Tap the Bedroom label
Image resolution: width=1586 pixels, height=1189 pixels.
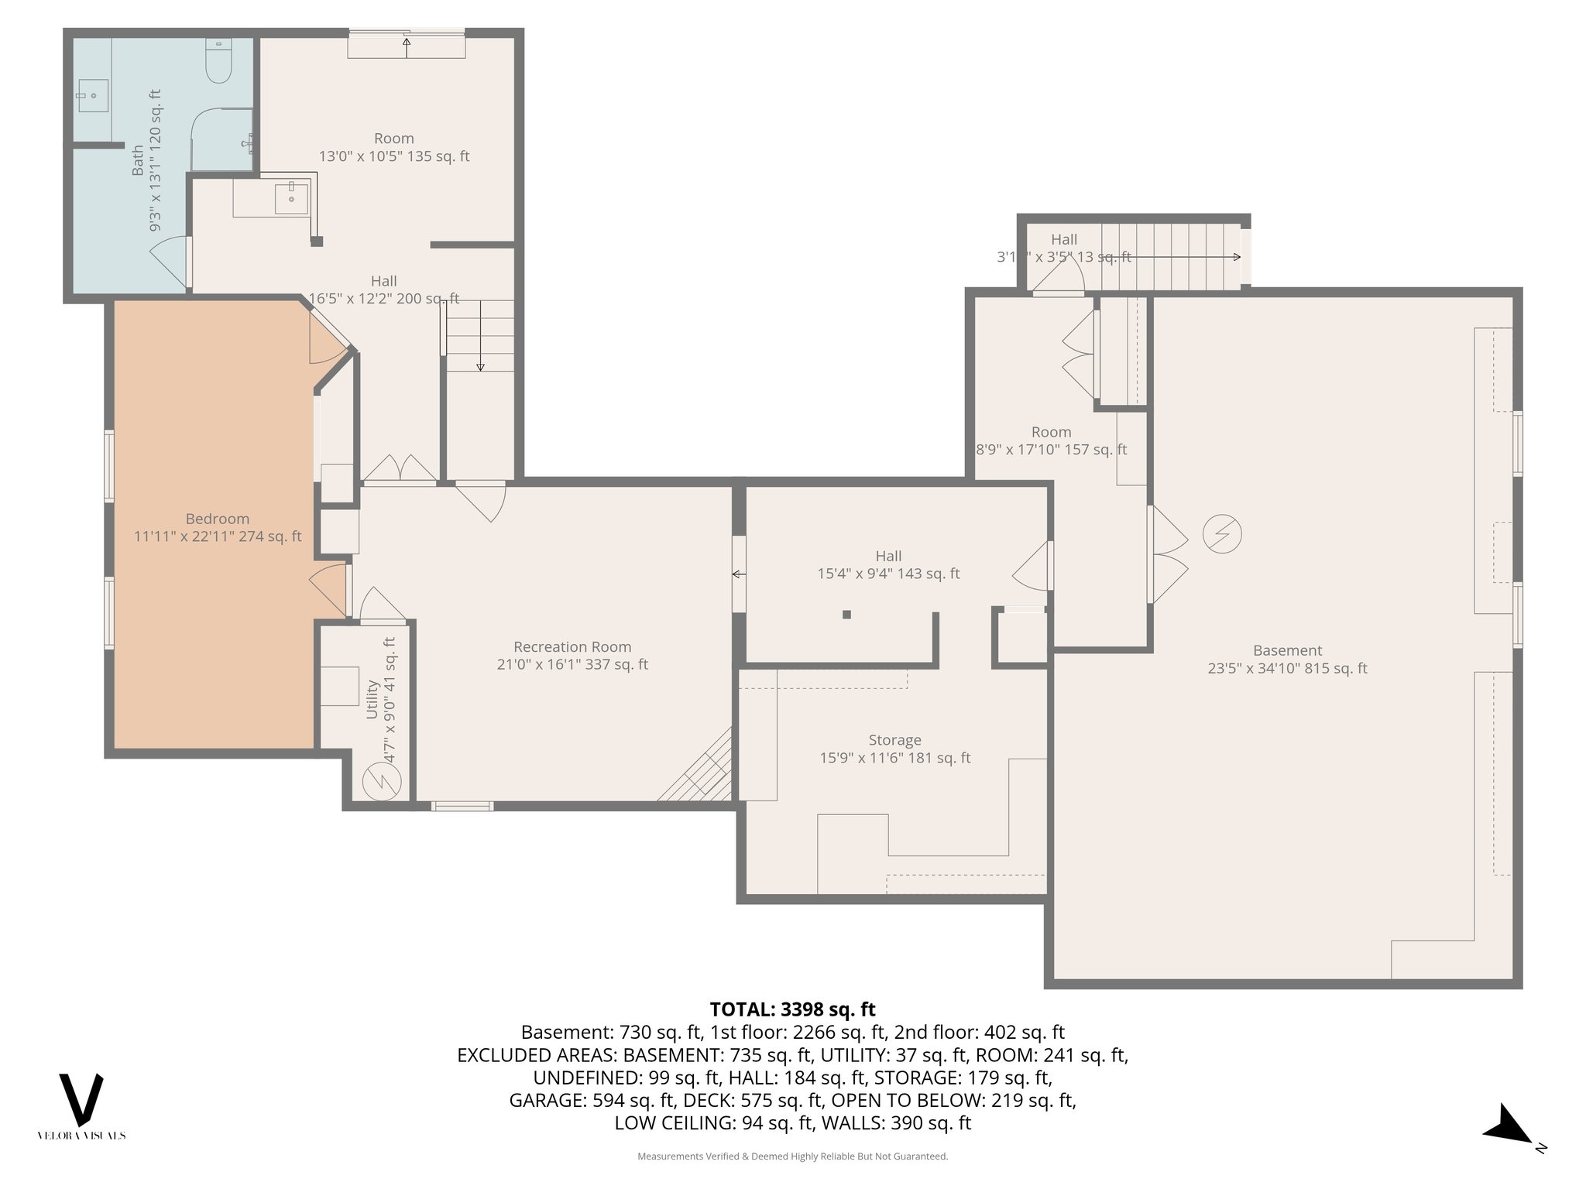[218, 519]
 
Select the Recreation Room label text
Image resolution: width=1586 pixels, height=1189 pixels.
[572, 647]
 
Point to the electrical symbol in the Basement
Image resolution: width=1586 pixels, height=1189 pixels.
[1222, 534]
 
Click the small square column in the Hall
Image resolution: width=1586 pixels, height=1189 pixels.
[846, 615]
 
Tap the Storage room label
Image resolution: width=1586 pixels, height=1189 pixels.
[894, 741]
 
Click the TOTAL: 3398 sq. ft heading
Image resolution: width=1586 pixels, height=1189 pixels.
[792, 1009]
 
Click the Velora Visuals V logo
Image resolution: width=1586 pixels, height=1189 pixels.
[81, 1100]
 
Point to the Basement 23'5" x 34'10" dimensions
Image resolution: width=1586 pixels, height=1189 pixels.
[1287, 668]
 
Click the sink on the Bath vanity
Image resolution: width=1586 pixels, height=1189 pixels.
[93, 96]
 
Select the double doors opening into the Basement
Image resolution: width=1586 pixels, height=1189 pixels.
[1168, 554]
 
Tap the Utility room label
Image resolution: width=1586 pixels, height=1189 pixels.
[372, 699]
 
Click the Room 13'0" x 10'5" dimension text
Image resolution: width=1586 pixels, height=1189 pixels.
[394, 156]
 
